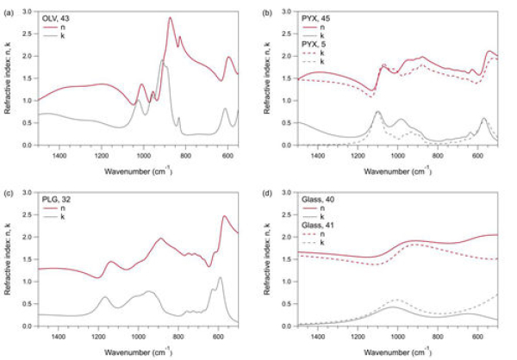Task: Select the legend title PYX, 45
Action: click(x=313, y=20)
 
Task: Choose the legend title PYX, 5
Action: click(x=311, y=44)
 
